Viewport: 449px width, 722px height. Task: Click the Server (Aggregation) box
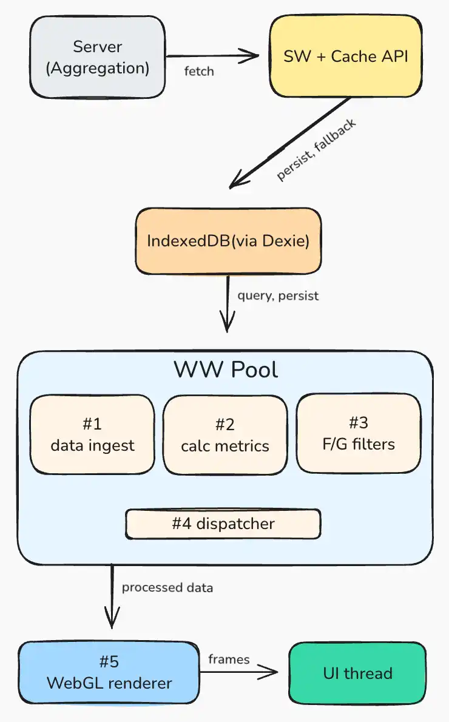tap(97, 57)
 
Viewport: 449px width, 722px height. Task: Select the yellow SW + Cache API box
tap(345, 56)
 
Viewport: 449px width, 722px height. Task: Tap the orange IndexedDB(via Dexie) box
tap(228, 241)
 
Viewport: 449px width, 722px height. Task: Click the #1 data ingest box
tap(92, 434)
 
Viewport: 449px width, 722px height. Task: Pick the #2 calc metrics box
tap(225, 434)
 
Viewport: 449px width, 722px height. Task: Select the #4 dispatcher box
tap(223, 524)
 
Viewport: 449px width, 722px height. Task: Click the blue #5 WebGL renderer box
tap(109, 672)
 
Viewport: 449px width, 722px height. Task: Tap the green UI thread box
tap(357, 672)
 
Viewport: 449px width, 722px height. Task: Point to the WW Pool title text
tap(226, 369)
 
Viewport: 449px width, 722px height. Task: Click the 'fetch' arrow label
tap(199, 71)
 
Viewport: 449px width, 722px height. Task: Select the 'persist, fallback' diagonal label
tap(316, 149)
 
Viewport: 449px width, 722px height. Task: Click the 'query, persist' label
tap(278, 297)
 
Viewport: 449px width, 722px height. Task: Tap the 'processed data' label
tap(167, 587)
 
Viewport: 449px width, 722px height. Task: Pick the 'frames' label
tap(229, 659)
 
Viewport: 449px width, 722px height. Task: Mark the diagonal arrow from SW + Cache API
tap(291, 141)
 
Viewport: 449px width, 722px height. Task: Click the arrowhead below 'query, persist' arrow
tap(227, 325)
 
